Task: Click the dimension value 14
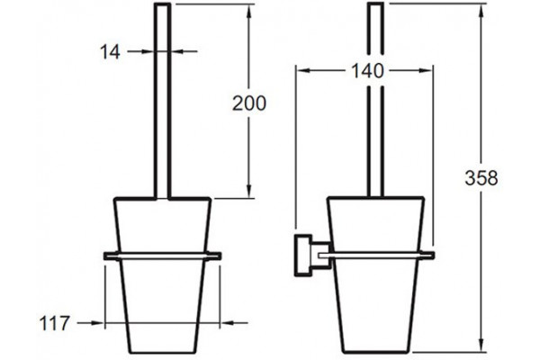[110, 52]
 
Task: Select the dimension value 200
[249, 103]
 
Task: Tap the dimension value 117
[54, 323]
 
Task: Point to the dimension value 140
[367, 71]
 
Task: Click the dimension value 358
[481, 178]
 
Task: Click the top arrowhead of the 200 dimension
[249, 11]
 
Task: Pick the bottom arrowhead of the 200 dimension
[249, 191]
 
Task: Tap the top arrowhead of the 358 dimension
[481, 10]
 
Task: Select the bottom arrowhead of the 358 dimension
[481, 346]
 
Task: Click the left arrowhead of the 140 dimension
[304, 70]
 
